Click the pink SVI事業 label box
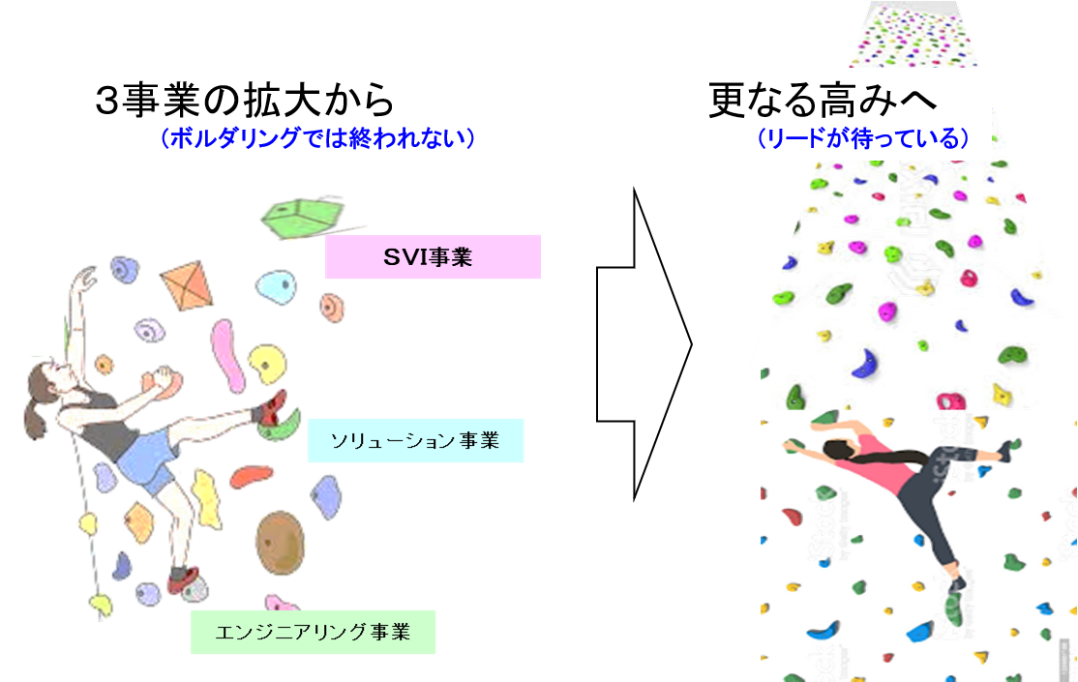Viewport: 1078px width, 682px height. coord(433,256)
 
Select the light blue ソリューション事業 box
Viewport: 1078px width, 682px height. coord(415,440)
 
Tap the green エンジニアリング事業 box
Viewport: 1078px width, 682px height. coord(313,632)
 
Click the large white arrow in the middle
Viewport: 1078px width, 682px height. coord(644,344)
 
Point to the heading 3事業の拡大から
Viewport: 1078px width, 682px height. coord(245,101)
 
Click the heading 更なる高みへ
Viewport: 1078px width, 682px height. coord(823,101)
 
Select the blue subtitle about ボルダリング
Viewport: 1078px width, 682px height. coord(317,138)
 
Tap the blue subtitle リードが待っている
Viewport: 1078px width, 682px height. coord(863,138)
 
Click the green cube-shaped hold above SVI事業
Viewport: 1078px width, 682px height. coord(303,218)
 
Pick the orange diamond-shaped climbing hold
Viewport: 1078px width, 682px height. coord(187,284)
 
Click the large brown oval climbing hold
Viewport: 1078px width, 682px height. coord(280,543)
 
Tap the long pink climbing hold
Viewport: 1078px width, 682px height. coord(227,355)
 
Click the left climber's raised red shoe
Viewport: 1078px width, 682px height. coord(272,407)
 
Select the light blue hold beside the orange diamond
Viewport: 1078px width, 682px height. coord(277,287)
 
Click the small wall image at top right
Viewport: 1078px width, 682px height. coord(913,35)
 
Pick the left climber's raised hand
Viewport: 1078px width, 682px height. coord(84,278)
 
